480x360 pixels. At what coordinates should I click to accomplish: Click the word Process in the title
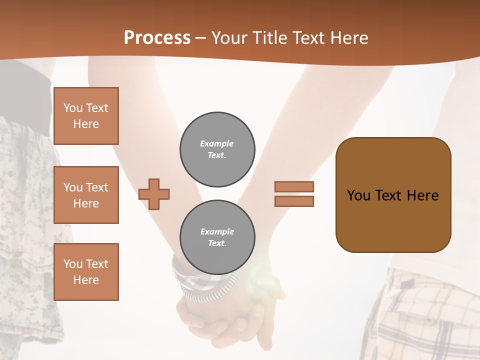(x=157, y=38)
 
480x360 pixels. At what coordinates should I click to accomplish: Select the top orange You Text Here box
(x=86, y=116)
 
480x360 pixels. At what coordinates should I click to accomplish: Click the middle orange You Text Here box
(x=86, y=195)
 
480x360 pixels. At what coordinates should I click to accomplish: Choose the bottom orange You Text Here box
(x=86, y=271)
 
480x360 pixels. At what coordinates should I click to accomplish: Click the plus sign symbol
(x=154, y=194)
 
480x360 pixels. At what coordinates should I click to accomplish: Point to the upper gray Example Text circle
(x=217, y=149)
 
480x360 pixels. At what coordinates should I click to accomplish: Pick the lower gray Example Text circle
(x=217, y=237)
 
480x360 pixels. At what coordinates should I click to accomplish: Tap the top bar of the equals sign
(x=294, y=187)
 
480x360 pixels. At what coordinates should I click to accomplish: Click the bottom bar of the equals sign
(x=294, y=201)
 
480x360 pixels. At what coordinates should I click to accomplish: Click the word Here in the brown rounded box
(x=422, y=195)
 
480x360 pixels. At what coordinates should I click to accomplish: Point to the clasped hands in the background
(x=225, y=320)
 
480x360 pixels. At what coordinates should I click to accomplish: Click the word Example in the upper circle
(x=217, y=143)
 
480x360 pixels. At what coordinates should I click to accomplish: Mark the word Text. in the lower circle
(x=217, y=243)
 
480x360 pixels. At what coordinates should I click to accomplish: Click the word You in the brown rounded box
(x=358, y=195)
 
